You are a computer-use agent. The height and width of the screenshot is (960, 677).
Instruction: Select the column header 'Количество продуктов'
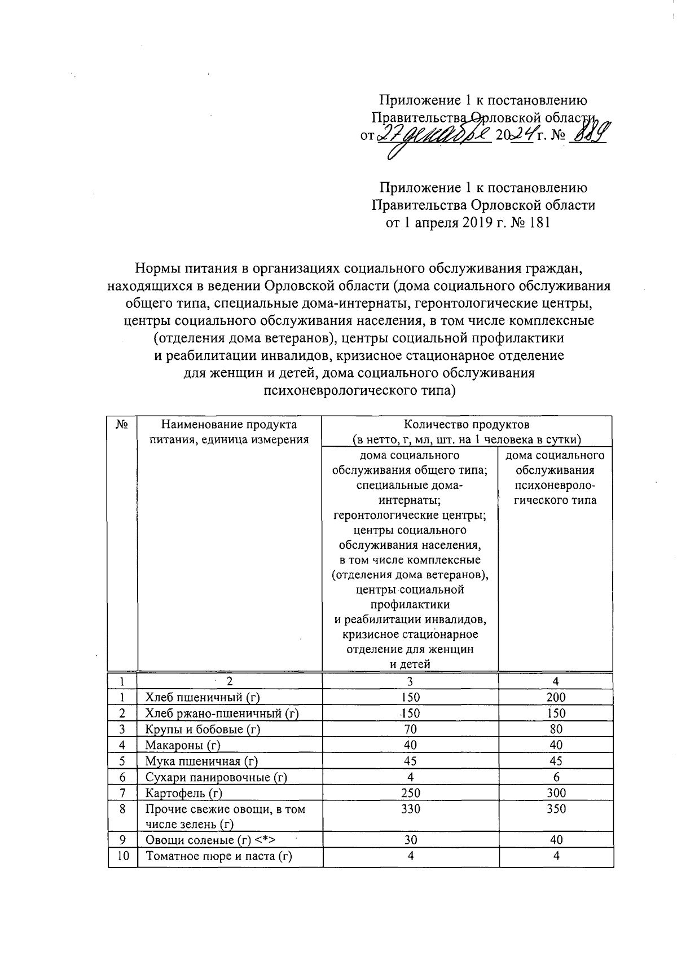[x=467, y=424]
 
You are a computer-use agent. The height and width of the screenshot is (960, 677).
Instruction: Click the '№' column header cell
[x=122, y=424]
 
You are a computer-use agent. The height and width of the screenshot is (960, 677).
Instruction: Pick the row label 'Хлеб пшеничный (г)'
[x=203, y=697]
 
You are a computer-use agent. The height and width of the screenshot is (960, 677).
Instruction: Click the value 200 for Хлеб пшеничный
[x=556, y=697]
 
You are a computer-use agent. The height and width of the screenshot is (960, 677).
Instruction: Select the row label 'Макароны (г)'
[x=183, y=745]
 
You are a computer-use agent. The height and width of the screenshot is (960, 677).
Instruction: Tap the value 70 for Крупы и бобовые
[x=411, y=729]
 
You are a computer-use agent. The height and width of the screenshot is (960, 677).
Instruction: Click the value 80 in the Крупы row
[x=556, y=729]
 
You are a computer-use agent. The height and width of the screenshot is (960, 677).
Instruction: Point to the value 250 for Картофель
[x=411, y=792]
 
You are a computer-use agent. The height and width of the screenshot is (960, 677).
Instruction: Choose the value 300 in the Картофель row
[x=556, y=792]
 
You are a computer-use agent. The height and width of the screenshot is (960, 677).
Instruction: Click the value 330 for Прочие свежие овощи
[x=411, y=809]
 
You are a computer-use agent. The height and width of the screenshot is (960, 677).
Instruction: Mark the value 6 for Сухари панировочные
[x=556, y=777]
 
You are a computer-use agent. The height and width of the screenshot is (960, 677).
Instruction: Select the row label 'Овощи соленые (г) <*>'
[x=210, y=840]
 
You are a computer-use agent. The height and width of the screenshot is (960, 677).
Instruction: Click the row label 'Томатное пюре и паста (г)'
[x=219, y=856]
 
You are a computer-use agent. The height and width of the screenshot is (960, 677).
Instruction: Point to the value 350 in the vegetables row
[x=556, y=809]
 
